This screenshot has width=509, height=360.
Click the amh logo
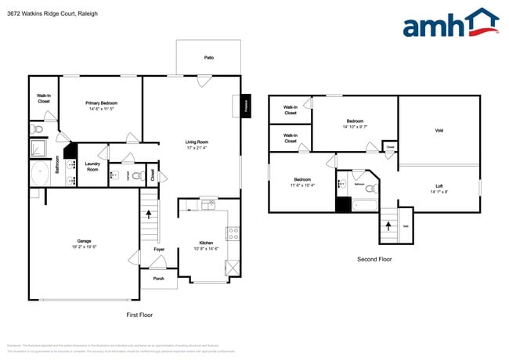tap(449, 23)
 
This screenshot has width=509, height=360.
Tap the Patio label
tap(209, 58)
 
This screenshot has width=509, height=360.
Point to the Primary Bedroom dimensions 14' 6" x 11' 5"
tap(102, 109)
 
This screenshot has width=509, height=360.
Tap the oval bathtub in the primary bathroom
tap(39, 172)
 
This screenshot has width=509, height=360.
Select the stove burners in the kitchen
tap(232, 232)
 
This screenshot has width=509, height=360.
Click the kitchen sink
tap(208, 205)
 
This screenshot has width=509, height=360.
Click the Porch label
tap(159, 278)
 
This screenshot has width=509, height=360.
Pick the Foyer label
tap(159, 250)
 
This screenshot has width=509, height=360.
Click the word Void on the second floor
tap(439, 131)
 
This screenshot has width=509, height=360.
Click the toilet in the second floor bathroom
tap(373, 189)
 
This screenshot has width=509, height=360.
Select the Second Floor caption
tap(374, 259)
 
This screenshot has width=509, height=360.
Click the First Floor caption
tap(139, 315)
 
